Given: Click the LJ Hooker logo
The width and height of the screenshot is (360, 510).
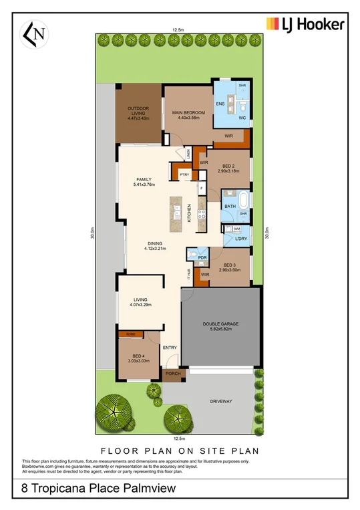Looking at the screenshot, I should (x=305, y=25).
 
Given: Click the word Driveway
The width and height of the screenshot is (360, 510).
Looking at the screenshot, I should (x=220, y=400).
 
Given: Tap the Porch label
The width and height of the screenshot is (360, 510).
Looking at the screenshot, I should (x=173, y=374).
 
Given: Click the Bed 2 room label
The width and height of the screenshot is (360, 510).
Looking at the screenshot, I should (x=229, y=168).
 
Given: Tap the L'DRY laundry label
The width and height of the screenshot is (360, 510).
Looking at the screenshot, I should (x=241, y=239).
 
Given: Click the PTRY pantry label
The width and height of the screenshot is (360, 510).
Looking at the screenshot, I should (x=184, y=175).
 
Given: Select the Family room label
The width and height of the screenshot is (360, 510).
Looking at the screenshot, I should (x=144, y=182).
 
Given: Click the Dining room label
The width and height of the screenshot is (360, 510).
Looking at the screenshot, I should (x=154, y=245).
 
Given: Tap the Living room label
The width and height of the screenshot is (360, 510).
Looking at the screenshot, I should (x=140, y=302).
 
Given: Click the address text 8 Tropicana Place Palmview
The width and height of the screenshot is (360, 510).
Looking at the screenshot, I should (x=99, y=489).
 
